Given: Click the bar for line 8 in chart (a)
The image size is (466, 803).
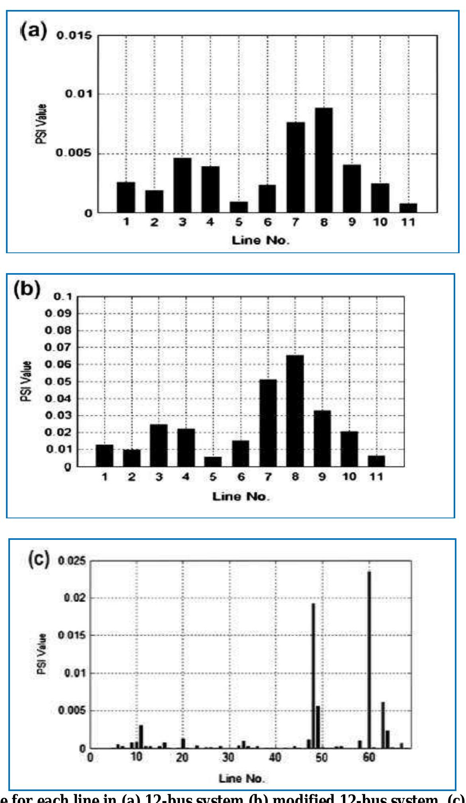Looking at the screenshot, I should [x=323, y=160].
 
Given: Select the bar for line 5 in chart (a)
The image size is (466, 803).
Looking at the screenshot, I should [x=239, y=207].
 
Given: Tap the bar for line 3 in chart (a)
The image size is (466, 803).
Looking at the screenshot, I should [x=182, y=185].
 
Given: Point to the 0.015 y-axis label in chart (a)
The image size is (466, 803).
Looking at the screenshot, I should [x=74, y=36].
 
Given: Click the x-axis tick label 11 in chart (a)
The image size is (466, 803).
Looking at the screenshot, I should [x=407, y=222].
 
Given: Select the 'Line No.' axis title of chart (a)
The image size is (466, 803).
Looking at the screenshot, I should [x=261, y=240].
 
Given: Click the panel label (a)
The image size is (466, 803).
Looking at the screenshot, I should [x=33, y=31].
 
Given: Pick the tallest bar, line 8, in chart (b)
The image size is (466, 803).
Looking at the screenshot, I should [x=295, y=411].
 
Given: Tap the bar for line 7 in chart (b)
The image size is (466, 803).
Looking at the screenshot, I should [x=268, y=423].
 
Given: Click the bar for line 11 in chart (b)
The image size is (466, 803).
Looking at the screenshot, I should [x=376, y=461].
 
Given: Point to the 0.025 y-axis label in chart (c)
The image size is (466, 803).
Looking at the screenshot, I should [x=72, y=561].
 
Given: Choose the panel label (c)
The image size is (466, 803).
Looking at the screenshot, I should [x=39, y=559].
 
